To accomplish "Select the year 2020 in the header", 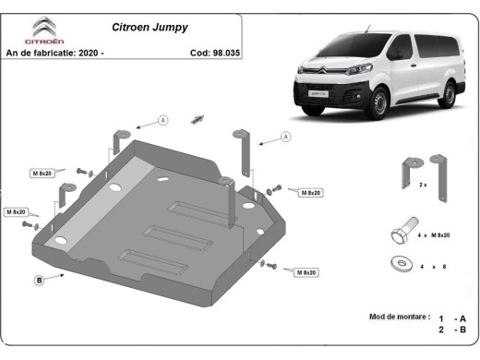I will [90, 52].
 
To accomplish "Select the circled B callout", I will [40, 279].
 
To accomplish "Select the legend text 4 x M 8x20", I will [434, 236].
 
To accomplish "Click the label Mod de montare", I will [400, 317].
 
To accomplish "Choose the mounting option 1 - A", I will [452, 317].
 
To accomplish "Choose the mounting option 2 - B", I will [452, 330].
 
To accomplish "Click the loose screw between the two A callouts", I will [197, 118].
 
